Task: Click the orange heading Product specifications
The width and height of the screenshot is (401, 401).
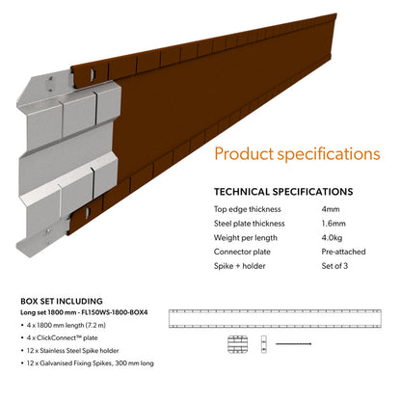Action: click(297, 154)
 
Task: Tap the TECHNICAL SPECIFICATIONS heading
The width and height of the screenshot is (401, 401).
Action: click(283, 192)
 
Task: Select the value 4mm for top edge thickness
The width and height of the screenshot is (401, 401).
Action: click(331, 209)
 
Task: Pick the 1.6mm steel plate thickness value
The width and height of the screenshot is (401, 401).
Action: click(334, 224)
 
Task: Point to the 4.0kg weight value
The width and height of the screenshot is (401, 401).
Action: click(332, 238)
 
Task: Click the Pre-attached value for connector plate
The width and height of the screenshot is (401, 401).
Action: click(343, 252)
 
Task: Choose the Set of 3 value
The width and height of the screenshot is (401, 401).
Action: click(334, 266)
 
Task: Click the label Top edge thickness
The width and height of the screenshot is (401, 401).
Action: click(248, 209)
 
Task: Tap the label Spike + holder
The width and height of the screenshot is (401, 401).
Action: click(240, 266)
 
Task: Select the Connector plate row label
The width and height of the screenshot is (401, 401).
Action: click(242, 252)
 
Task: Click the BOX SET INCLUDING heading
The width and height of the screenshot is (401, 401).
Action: click(62, 301)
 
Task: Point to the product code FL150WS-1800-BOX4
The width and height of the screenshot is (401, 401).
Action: click(115, 312)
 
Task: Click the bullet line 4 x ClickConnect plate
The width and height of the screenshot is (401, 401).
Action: click(62, 337)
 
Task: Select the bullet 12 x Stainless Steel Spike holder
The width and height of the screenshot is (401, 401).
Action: click(72, 351)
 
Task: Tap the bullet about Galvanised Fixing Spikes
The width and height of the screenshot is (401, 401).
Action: click(90, 363)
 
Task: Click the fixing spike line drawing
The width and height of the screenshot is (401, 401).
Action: click(293, 344)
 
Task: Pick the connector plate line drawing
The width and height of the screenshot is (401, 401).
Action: click(237, 344)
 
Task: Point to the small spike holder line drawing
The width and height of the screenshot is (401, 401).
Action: click(264, 344)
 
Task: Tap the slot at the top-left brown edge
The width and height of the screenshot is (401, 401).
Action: click(93, 73)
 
